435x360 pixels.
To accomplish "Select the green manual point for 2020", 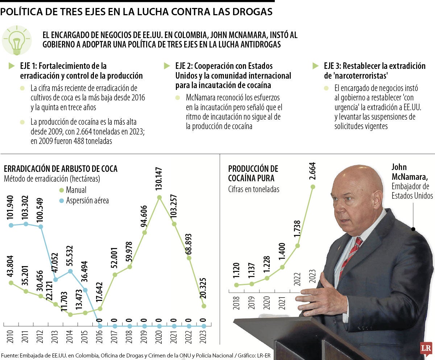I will tap(159, 198).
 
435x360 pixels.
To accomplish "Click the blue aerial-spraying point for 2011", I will tap(26, 224).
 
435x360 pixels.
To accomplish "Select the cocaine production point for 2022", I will tap(298, 245).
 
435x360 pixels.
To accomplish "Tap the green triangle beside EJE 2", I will tap(167, 66).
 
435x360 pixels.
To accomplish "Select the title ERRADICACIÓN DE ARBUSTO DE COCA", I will tap(61, 169).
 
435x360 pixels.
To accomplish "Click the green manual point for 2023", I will tap(204, 306).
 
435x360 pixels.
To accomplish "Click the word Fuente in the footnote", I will tap(10, 355).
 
